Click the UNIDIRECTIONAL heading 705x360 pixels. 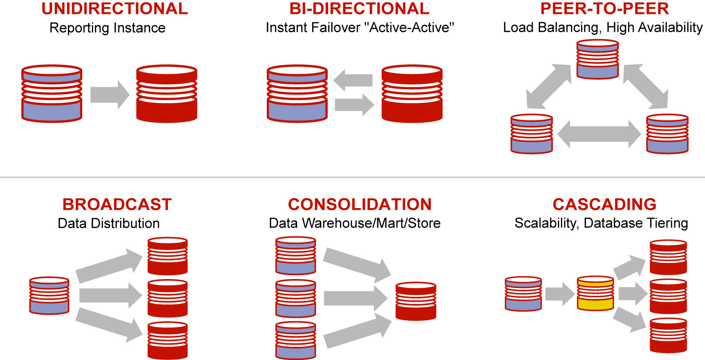point(114,9)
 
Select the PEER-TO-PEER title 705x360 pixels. point(604,9)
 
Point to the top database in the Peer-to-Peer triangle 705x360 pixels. point(598,59)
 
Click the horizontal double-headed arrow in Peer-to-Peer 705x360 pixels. point(599,134)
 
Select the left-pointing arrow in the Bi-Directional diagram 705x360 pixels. point(353,80)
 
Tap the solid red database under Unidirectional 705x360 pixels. point(167,94)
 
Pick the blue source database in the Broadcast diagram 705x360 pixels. point(49,295)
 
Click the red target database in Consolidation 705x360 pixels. point(416,301)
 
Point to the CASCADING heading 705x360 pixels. point(604,204)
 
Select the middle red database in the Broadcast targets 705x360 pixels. point(168,298)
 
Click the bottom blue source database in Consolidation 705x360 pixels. point(295,340)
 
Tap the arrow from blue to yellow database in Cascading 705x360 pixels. point(560,294)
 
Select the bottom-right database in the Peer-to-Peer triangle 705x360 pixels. point(667,134)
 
